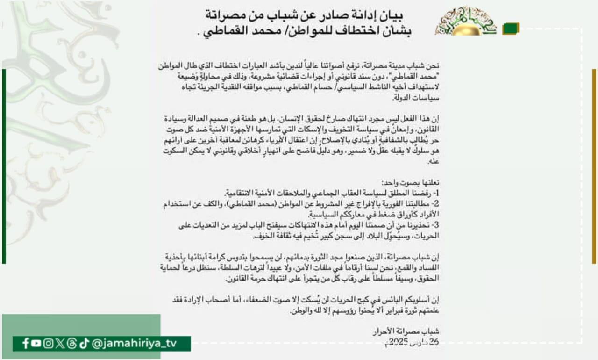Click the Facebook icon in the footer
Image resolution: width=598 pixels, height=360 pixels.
point(26,344)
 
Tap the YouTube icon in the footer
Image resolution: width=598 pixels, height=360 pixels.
point(36,344)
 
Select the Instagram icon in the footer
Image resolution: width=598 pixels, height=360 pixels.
point(48,344)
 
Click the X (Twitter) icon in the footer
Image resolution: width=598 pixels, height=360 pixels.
point(60,344)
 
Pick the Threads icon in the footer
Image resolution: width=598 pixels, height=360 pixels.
point(71,344)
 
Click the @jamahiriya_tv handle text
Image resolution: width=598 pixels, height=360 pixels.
point(135,344)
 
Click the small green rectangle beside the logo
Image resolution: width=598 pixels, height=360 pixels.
point(511,29)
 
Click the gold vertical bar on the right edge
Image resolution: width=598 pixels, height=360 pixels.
point(594,166)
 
